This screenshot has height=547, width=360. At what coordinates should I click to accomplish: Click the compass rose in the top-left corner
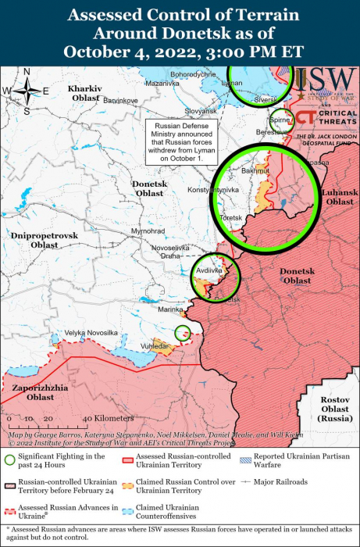click(x=26, y=91)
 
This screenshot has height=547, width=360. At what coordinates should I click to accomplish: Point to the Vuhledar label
click(x=153, y=345)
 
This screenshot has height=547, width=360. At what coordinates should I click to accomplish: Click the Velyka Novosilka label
click(x=91, y=333)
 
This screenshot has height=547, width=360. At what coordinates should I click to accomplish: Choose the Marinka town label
click(x=170, y=310)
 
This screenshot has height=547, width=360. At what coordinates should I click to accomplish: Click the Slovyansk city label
click(x=200, y=111)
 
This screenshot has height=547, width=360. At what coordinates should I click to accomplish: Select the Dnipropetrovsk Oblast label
click(x=45, y=239)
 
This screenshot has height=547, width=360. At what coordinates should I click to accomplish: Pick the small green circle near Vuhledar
click(x=182, y=332)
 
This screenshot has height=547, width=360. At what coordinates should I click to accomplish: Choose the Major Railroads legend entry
click(x=274, y=482)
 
